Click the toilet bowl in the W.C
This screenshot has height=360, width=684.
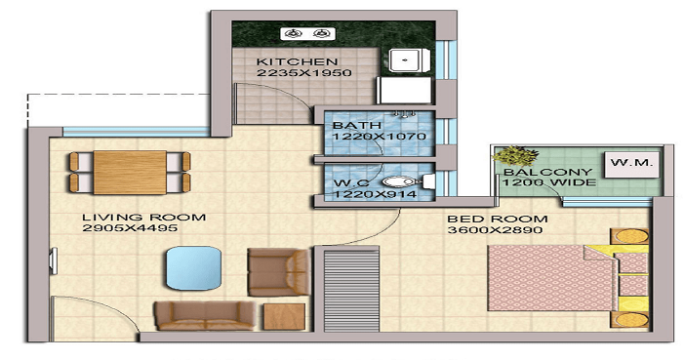[x=398, y=181]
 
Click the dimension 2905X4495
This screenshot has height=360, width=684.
[x=127, y=229]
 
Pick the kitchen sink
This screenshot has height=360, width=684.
[x=405, y=60]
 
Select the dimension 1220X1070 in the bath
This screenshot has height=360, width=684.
[x=379, y=138]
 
